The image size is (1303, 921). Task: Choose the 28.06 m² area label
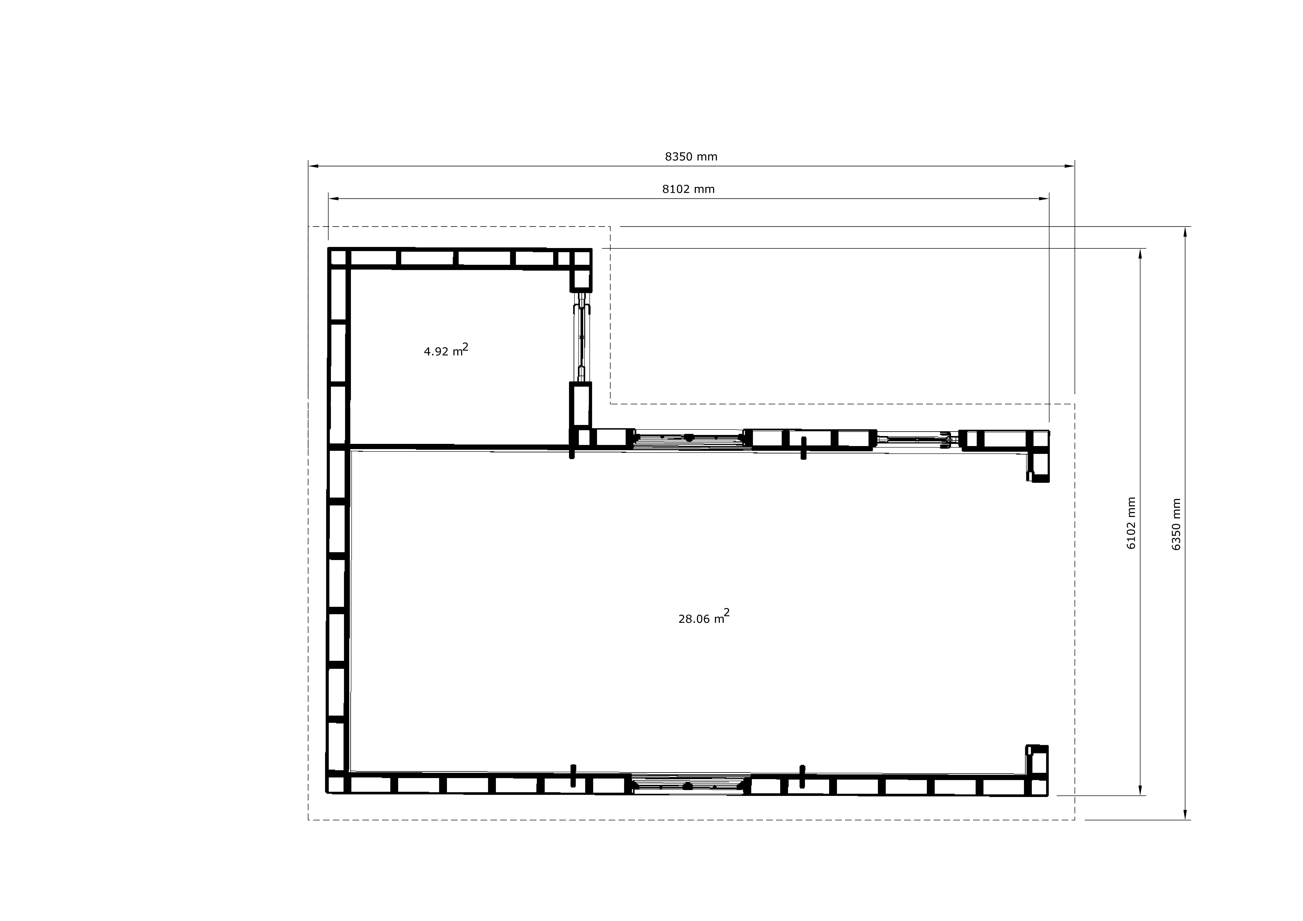point(704,616)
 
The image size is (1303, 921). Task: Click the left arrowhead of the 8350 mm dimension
point(313,166)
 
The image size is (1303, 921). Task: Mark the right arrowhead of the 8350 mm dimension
point(1070,166)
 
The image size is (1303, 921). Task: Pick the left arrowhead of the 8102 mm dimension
point(334,199)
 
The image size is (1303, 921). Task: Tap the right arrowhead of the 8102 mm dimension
point(1044,199)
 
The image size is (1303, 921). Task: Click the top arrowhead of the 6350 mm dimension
point(1185,232)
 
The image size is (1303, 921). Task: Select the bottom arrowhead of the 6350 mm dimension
point(1185,815)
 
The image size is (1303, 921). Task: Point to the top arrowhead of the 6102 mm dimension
point(1140,254)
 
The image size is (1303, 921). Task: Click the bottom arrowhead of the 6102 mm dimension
point(1140,791)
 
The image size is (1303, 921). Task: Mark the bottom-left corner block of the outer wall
point(337,784)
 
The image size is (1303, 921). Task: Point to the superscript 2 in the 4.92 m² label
point(465,346)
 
